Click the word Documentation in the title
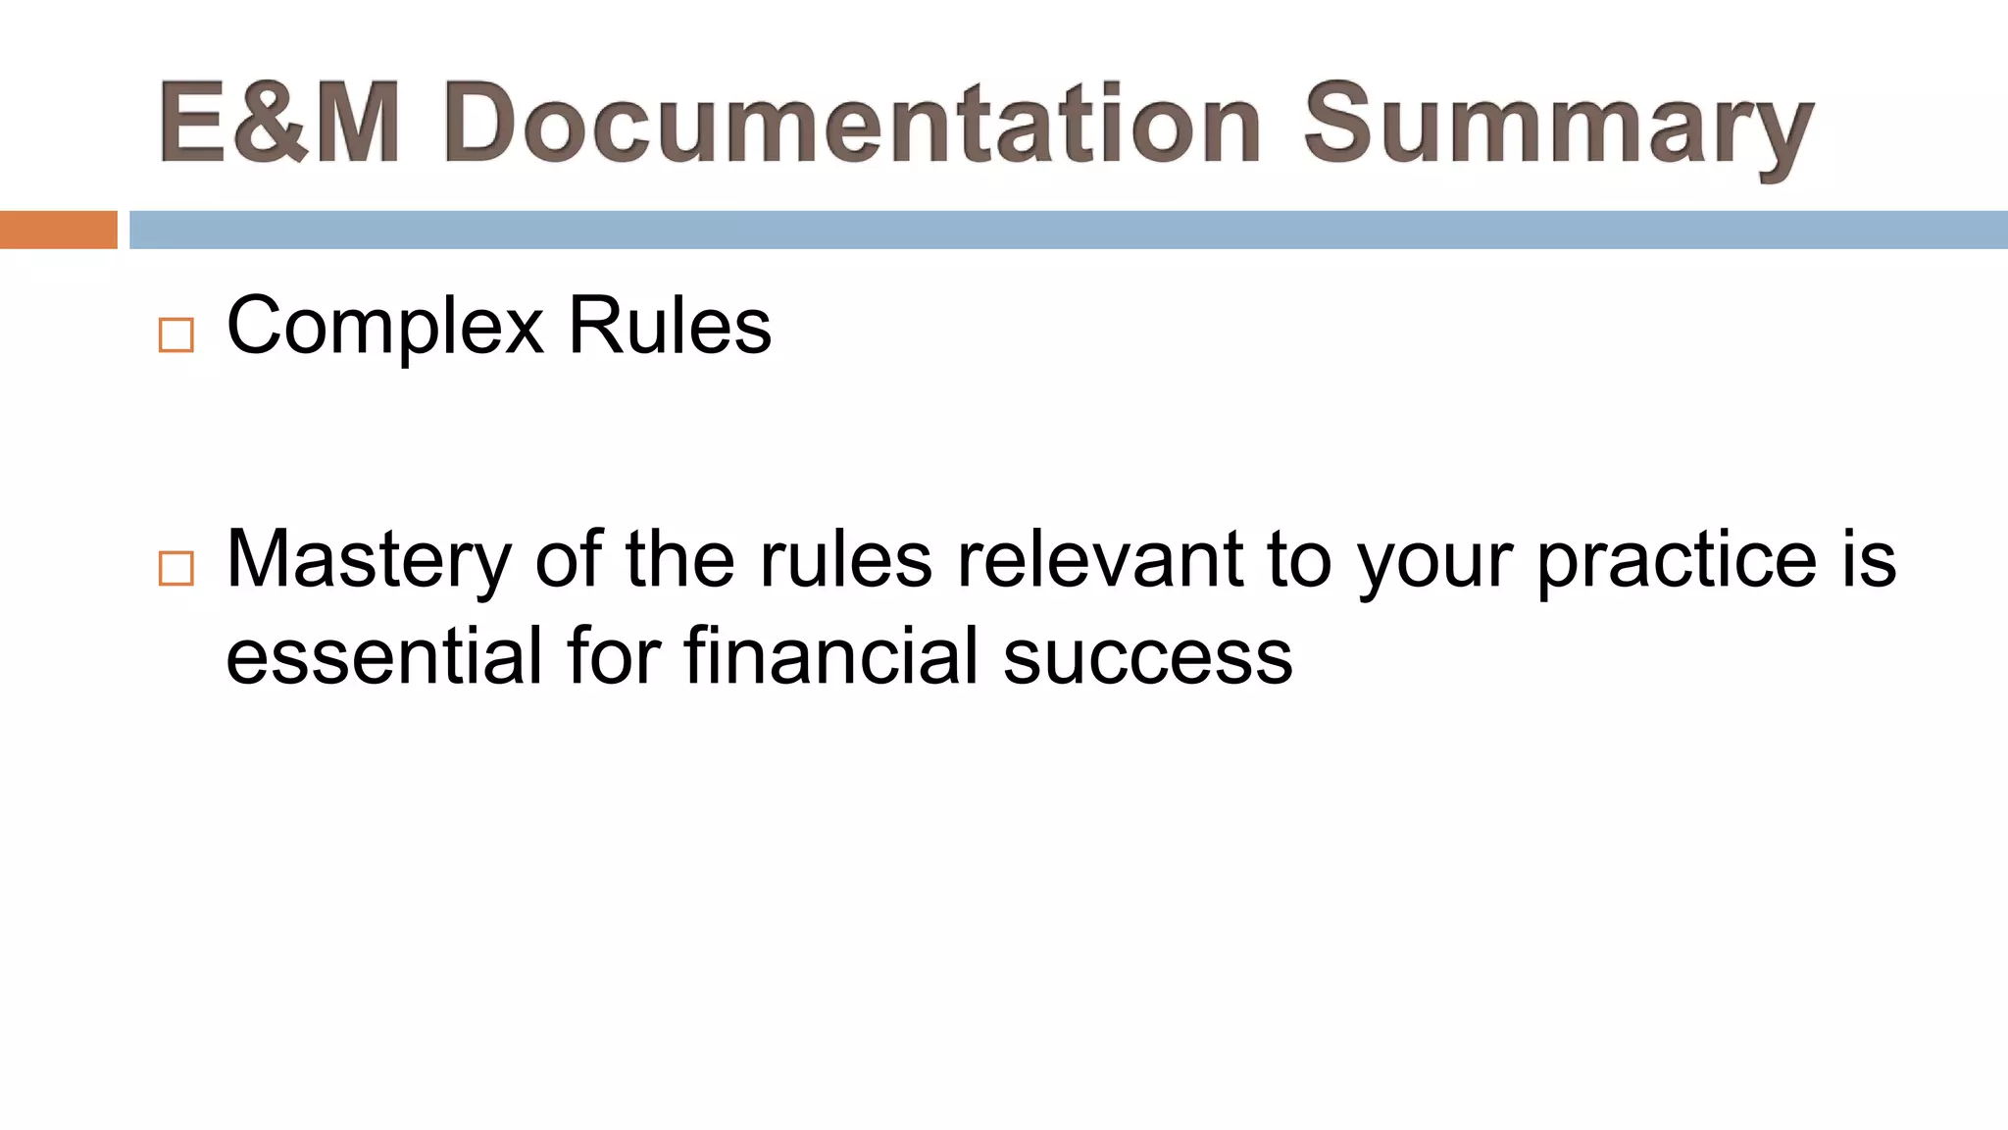851,125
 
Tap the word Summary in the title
1557,128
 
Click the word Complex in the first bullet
384,328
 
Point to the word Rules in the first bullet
670,326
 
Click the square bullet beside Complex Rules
176,335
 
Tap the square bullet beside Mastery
176,569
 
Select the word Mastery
369,561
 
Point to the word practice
1677,561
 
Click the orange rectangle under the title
59,230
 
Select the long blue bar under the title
1069,230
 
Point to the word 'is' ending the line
1870,559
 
